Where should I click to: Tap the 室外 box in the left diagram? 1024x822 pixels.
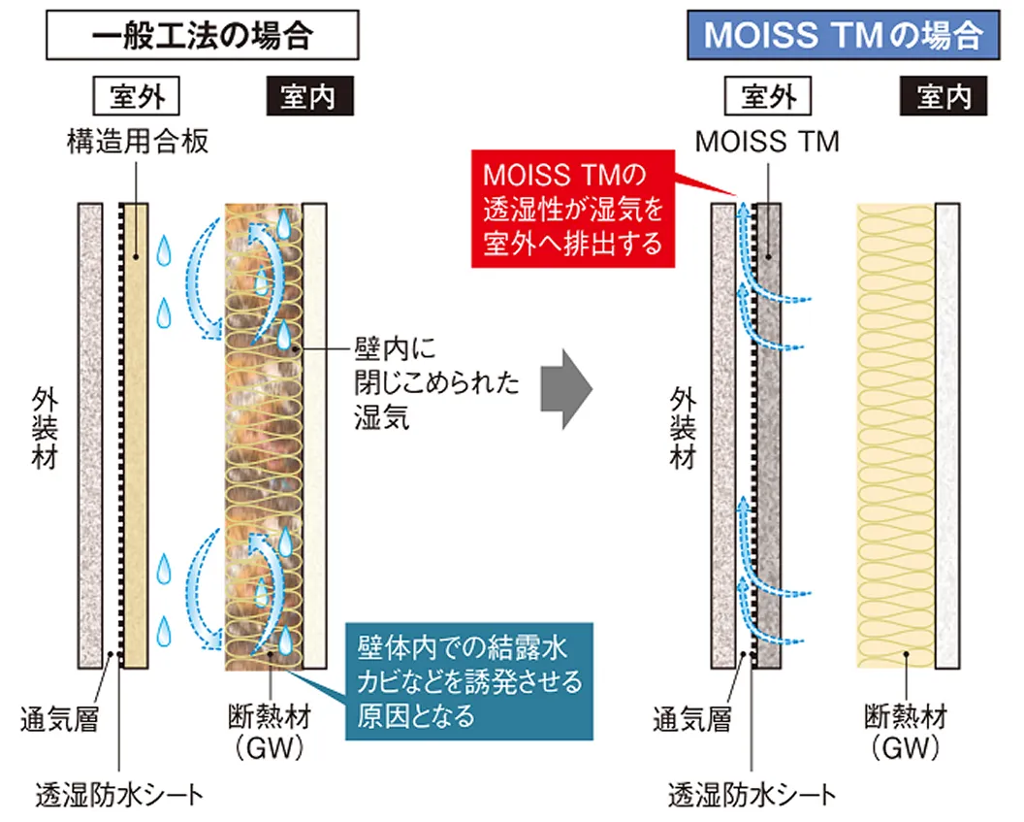(x=139, y=97)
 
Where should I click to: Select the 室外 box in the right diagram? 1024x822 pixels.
(x=767, y=97)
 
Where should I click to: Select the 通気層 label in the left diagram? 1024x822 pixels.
(x=60, y=719)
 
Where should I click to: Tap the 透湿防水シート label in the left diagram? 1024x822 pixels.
(x=120, y=794)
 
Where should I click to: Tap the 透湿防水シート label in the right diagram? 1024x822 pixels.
(x=752, y=795)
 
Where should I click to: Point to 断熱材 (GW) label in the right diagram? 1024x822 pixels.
(x=905, y=732)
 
